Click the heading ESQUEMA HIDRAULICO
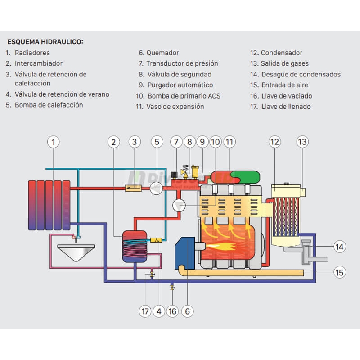coord(45,42)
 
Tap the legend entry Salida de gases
coord(285,63)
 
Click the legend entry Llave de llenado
coord(286,107)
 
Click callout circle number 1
coord(54,142)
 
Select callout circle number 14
coord(340,246)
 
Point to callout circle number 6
coord(187,311)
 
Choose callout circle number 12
coord(275,142)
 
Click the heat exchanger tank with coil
coord(134,246)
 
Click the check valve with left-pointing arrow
coord(133,188)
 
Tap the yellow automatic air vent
coord(196,171)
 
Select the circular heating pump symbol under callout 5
coord(156,188)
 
